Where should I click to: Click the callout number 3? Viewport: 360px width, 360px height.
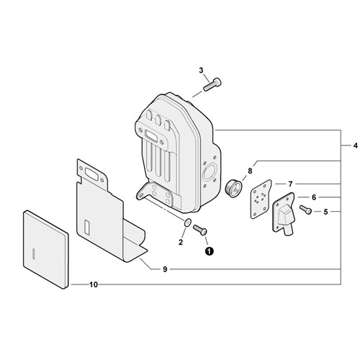201,71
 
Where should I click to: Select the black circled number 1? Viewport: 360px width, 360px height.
209,251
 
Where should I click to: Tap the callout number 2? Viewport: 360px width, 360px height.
181,242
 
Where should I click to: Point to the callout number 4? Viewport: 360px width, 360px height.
356,145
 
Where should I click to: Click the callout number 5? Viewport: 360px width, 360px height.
325,212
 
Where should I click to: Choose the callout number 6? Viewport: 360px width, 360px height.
314,197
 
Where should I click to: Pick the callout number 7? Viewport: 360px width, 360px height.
290,184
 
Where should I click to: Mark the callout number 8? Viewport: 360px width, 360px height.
250,171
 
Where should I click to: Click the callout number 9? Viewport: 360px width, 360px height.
165,269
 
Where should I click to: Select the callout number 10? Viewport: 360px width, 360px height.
94,284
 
